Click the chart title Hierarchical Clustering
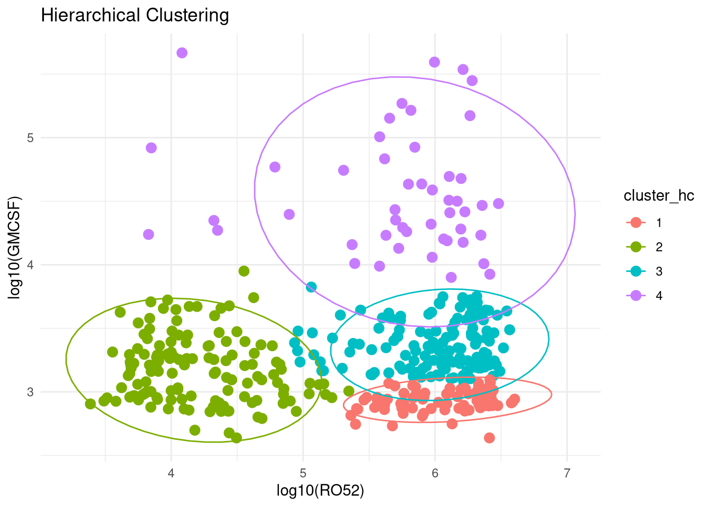(x=135, y=16)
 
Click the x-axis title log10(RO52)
(x=320, y=491)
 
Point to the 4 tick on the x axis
(x=171, y=473)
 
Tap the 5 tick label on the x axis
(x=303, y=473)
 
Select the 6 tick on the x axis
(x=435, y=473)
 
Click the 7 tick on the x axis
(x=567, y=473)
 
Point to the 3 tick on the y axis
(x=30, y=392)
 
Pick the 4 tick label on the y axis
(x=30, y=265)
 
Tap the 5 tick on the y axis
(x=30, y=138)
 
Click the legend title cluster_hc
(x=659, y=196)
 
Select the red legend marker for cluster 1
(x=636, y=222)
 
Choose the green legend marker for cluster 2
(x=636, y=247)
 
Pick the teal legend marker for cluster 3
(x=636, y=271)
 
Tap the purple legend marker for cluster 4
(x=636, y=295)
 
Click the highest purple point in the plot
(x=182, y=53)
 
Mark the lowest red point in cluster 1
(x=489, y=438)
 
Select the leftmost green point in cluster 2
(x=90, y=404)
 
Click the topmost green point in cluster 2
(x=244, y=271)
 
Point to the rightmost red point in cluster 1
(x=515, y=399)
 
